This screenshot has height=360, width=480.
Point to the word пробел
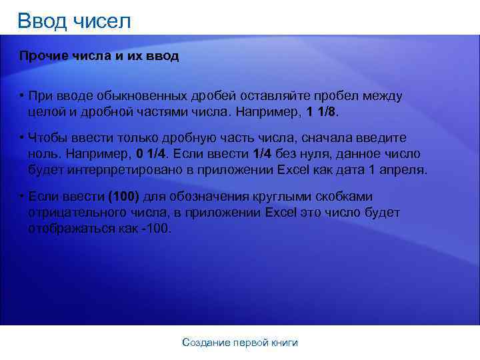333,96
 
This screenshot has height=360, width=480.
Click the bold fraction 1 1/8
322,111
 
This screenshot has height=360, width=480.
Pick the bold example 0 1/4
151,154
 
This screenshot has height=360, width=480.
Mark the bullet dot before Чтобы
22,138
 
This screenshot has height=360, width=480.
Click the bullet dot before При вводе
22,96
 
